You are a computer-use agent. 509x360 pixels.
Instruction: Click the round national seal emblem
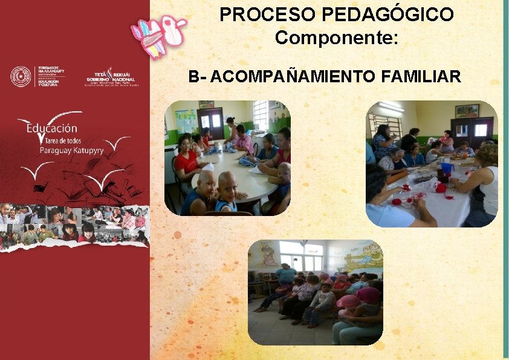[21, 77]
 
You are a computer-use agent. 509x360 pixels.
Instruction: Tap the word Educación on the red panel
[52, 128]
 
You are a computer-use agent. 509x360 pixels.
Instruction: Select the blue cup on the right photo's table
[446, 167]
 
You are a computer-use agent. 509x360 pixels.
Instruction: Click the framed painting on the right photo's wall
[467, 111]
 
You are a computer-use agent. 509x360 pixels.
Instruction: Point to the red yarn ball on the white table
[441, 188]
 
